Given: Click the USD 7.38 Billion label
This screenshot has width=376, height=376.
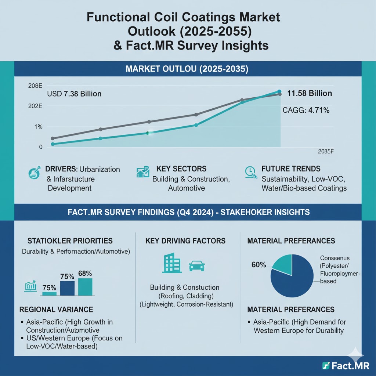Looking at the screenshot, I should pos(74,94).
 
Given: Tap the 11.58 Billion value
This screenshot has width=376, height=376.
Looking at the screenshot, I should pos(309,94).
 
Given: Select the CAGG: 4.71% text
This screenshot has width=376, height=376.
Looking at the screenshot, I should pos(306,110).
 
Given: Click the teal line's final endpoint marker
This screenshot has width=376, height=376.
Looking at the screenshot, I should pos(279,91).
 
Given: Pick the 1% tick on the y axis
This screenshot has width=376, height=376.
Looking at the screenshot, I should pos(39,127).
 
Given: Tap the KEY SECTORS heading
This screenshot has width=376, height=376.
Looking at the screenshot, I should pos(181,169).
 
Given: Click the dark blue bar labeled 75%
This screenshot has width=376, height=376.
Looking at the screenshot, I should pos(67,288).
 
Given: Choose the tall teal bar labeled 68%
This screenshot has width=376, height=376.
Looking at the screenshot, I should pos(85,286).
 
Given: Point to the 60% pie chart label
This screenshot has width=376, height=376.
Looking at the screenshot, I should pos(258,265).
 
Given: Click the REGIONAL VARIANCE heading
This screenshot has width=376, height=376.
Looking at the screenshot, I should pos(56,309).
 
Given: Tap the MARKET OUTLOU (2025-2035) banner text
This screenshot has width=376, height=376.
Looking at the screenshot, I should pos(188,68).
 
